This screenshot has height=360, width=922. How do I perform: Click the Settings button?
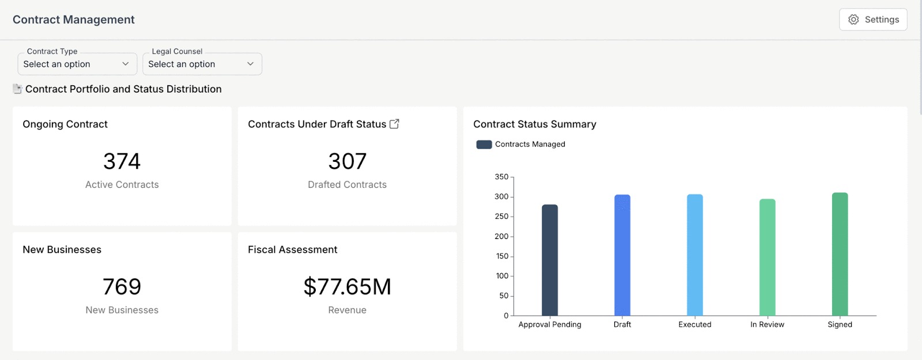click(x=873, y=20)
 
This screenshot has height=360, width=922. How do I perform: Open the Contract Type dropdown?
click(x=77, y=64)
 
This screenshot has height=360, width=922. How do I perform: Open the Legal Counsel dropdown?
click(x=202, y=64)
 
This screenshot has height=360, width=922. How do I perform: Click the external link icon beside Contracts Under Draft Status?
click(x=394, y=124)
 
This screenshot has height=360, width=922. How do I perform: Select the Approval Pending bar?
click(x=550, y=260)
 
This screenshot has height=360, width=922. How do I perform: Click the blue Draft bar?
click(x=622, y=255)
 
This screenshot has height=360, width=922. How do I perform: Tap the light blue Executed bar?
click(x=695, y=255)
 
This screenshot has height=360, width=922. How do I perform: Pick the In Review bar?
click(x=767, y=257)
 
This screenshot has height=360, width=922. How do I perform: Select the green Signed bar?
click(x=840, y=254)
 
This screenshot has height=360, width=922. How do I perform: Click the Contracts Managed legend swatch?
click(x=484, y=145)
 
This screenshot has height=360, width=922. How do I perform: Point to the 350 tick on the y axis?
click(x=502, y=177)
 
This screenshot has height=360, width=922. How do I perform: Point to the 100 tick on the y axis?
click(x=502, y=276)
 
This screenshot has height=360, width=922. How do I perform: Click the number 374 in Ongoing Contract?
click(x=122, y=161)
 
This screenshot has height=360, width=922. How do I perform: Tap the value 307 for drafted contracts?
click(x=347, y=161)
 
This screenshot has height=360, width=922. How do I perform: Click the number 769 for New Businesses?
click(x=122, y=286)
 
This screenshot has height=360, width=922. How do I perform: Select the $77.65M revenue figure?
click(x=347, y=286)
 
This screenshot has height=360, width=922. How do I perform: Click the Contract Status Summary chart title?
click(x=534, y=124)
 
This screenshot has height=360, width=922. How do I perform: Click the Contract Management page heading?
click(x=74, y=20)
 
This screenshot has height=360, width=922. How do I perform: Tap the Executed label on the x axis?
click(x=694, y=324)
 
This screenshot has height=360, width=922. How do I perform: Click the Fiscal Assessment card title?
click(x=292, y=249)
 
